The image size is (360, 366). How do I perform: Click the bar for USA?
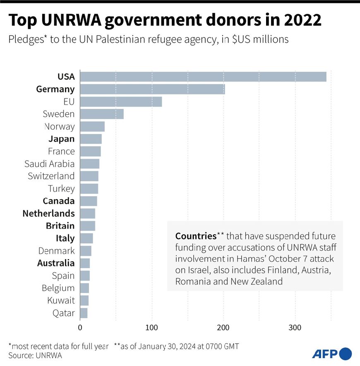pyautogui.click(x=203, y=77)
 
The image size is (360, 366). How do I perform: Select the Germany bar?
pyautogui.click(x=152, y=89)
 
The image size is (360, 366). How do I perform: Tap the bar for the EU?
pyautogui.click(x=121, y=102)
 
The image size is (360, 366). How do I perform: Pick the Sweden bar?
pyautogui.click(x=102, y=114)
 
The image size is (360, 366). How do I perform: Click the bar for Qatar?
pyautogui.click(x=84, y=313)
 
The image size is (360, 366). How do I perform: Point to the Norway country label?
pyautogui.click(x=59, y=127)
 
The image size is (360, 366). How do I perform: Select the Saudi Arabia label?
pyautogui.click(x=50, y=164)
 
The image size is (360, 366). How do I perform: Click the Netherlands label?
pyautogui.click(x=48, y=214)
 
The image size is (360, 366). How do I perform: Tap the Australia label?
pyautogui.click(x=56, y=263)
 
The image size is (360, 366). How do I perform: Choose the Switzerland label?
pyautogui.click(x=51, y=176)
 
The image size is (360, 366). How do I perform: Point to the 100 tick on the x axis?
pyautogui.click(x=152, y=327)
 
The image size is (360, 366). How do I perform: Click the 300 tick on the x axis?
pyautogui.click(x=295, y=327)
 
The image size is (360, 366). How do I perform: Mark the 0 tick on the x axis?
pyautogui.click(x=80, y=327)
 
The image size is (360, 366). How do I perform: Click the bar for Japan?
pyautogui.click(x=91, y=139)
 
